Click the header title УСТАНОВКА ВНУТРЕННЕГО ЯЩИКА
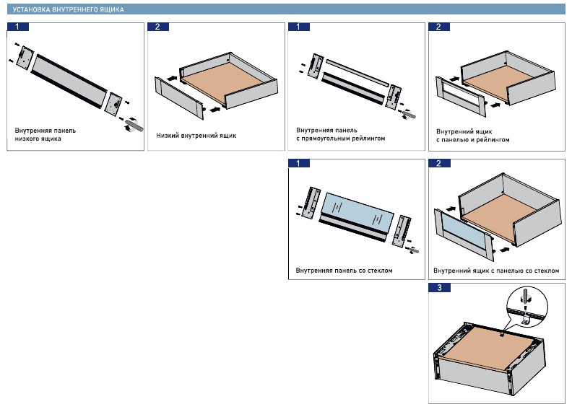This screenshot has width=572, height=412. click(69, 10)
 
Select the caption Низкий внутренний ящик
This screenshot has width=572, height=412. click(196, 135)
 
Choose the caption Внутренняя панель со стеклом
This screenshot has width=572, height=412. click(344, 271)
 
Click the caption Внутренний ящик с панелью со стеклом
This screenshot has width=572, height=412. click(496, 271)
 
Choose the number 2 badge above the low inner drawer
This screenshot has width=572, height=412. click(157, 27)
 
